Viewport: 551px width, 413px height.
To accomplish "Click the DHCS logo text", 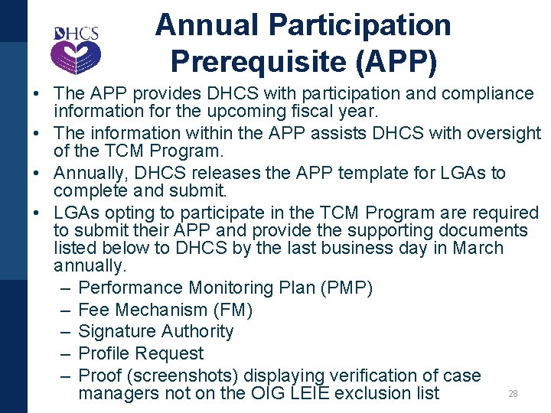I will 76,34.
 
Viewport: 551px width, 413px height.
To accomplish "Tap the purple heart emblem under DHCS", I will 75,57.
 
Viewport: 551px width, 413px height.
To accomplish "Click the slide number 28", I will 513,394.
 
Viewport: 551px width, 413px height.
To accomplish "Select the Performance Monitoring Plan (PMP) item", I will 226,288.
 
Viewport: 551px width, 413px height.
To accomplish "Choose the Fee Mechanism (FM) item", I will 165,310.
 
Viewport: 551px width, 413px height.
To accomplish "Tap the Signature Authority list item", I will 156,331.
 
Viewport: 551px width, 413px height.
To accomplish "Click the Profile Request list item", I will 141,353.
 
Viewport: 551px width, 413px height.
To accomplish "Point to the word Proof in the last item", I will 99,376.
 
